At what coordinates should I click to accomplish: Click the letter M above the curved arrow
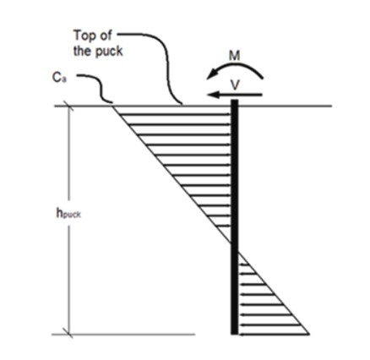234,56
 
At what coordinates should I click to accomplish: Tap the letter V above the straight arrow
235,85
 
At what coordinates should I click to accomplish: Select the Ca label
59,78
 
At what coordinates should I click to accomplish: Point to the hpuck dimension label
68,214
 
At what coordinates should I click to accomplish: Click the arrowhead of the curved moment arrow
212,74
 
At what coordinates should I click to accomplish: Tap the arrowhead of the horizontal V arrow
213,95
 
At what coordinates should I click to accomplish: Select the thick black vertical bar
235,217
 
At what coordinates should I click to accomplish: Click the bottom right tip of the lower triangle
309,335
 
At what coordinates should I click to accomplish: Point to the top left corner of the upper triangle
113,106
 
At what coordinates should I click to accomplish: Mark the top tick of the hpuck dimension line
68,106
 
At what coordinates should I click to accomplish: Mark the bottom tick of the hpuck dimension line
68,335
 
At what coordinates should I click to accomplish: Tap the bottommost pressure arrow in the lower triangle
274,335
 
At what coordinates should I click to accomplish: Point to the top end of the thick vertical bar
235,100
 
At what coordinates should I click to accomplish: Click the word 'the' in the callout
83,52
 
